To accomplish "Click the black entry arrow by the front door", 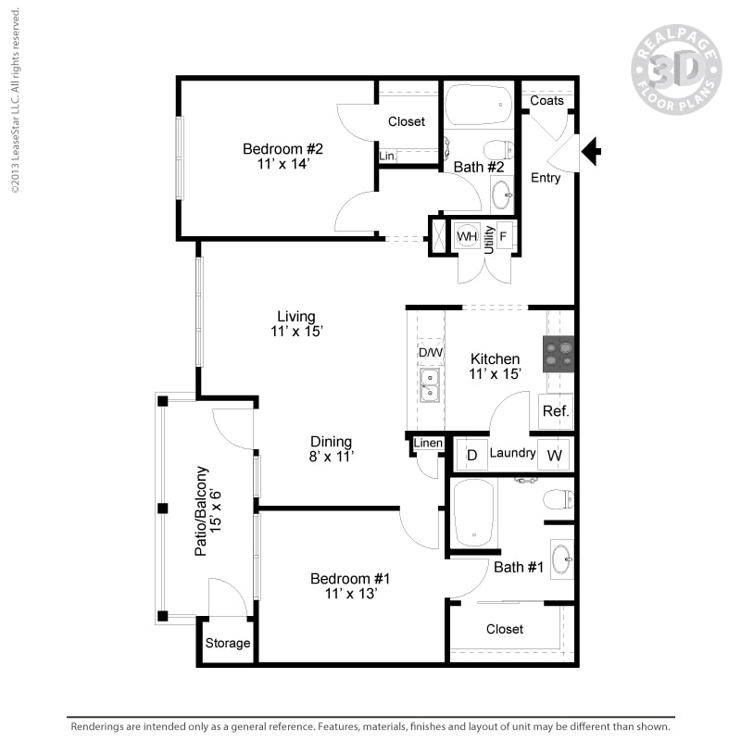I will click(590, 149).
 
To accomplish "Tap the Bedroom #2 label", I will click(283, 149).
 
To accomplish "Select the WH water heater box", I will click(468, 236).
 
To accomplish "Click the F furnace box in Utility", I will click(505, 235).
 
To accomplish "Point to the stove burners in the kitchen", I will click(559, 354).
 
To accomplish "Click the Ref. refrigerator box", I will click(556, 411).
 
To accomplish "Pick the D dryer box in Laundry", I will click(471, 455).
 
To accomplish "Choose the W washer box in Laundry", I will click(554, 455).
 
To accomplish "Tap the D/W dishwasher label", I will click(430, 353).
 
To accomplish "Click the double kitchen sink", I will click(430, 385).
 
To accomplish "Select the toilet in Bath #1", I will click(558, 500).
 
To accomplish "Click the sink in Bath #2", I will click(501, 195).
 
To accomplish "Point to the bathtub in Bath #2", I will click(478, 107).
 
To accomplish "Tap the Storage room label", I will click(228, 643).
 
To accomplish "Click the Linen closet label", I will click(428, 444).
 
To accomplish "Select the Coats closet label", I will click(547, 100).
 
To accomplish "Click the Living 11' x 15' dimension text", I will click(296, 332).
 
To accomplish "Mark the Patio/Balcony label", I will click(202, 510).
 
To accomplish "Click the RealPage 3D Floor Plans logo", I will click(676, 69).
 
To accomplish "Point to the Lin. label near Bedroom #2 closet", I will click(387, 157).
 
